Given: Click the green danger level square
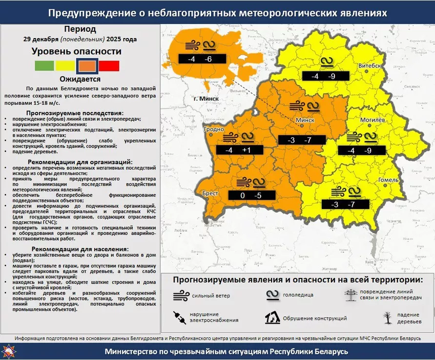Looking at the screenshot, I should point(44,65).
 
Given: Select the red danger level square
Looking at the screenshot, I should point(109,65).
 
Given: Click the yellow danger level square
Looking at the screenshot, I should point(65,65).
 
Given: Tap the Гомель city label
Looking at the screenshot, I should point(389,180).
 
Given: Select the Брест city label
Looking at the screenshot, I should point(210,193).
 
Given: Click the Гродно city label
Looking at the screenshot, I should point(213,129).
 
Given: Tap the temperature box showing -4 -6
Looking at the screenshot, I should point(201,59).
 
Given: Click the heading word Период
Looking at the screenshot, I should point(80,29).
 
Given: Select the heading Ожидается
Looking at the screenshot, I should point(80,79).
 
